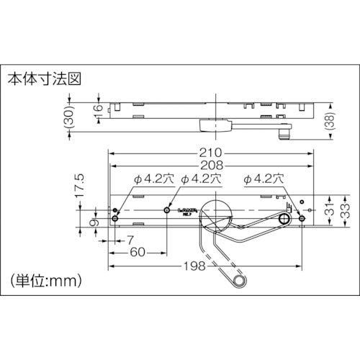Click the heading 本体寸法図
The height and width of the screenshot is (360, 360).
pyautogui.click(x=42, y=77)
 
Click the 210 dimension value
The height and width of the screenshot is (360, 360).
pyautogui.click(x=211, y=153)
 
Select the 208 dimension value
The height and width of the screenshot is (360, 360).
pyautogui.click(x=211, y=165)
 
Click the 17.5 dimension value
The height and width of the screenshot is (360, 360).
pyautogui.click(x=81, y=186)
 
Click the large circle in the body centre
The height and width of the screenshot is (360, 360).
pyautogui.click(x=215, y=213)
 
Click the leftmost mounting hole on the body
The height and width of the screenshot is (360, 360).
pyautogui.click(x=115, y=218)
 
